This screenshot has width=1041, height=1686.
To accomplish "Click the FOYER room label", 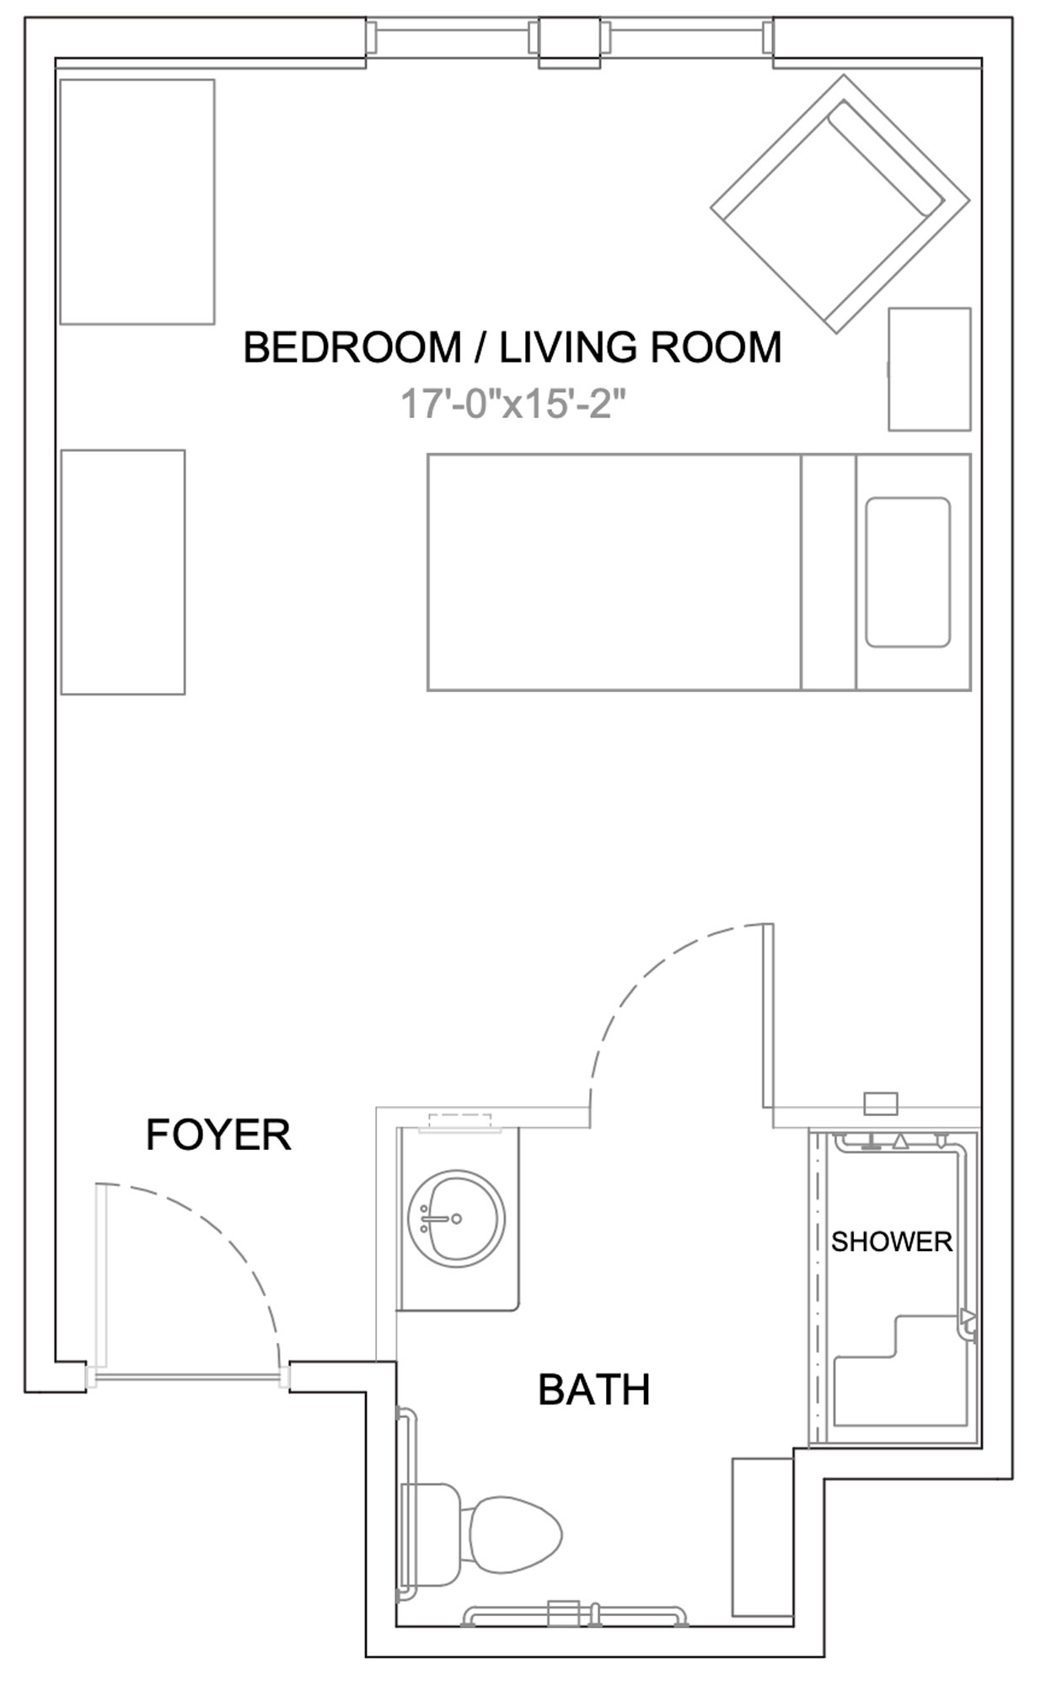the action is point(218,1135).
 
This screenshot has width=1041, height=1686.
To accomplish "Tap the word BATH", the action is point(594,1390).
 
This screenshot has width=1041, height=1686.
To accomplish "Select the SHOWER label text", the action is point(892,1242).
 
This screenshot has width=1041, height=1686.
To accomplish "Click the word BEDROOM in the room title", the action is point(352,347).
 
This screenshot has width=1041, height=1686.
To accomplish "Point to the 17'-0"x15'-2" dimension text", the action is point(513,404).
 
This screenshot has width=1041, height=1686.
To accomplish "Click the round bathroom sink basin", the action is point(456,1217).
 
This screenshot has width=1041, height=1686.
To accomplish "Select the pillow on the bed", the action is point(908,572).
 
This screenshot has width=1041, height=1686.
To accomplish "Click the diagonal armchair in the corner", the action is point(840,203).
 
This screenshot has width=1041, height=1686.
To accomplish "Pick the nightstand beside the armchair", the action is point(930,369).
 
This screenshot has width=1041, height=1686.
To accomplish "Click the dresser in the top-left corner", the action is point(137,201).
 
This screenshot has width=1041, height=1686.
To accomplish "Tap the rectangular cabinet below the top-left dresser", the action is point(123,572).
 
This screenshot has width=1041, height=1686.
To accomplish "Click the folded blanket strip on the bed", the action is point(829,572).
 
